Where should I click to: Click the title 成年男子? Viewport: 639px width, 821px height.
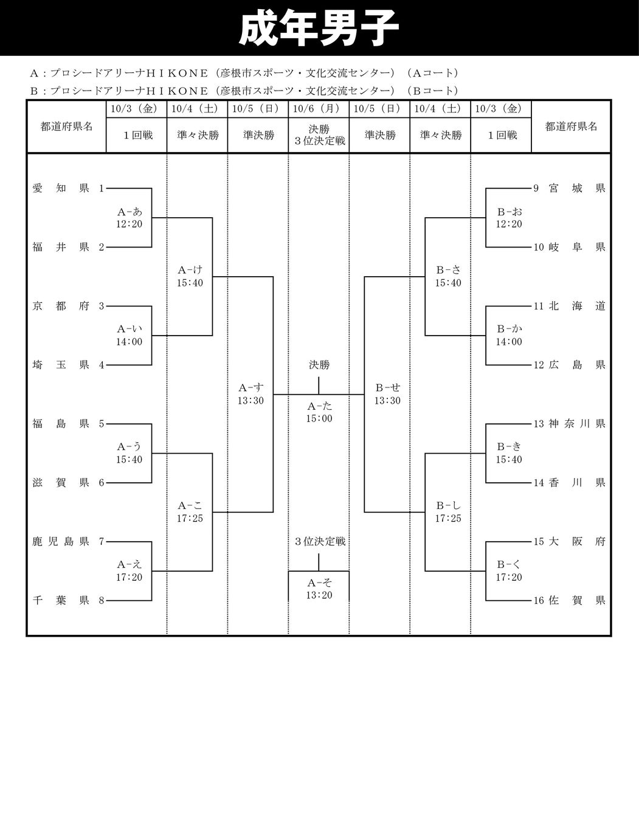click(x=319, y=29)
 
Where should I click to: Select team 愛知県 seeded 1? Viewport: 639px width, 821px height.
click(x=61, y=189)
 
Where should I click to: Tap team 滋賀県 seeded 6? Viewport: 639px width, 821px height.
click(x=61, y=483)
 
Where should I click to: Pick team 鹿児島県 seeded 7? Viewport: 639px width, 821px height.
click(x=61, y=541)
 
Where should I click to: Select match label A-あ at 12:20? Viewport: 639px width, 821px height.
click(x=130, y=212)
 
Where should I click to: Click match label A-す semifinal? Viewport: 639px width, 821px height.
click(x=251, y=388)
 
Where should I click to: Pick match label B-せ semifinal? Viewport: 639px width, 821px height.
click(x=387, y=388)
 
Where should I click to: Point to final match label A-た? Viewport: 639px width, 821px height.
click(x=319, y=406)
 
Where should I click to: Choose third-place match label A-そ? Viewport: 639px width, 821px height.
click(x=319, y=583)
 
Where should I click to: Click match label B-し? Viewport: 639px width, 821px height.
click(x=448, y=506)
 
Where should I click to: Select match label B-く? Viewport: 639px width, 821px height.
click(x=509, y=565)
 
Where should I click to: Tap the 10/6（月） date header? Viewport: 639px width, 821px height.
click(x=319, y=109)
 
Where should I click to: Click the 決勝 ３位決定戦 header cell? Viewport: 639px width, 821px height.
click(x=319, y=135)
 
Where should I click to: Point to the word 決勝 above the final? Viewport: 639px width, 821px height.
click(x=319, y=365)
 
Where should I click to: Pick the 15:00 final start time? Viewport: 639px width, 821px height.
click(x=319, y=418)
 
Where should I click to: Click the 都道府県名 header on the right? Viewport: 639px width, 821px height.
click(x=571, y=126)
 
